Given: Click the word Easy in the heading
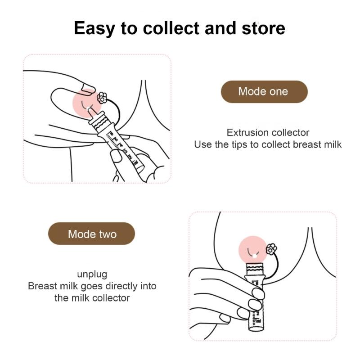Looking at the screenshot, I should click(x=94, y=28).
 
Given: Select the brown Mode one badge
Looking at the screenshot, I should click(x=263, y=92).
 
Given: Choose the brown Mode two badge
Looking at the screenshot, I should click(x=92, y=234).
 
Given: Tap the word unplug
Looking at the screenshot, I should click(x=92, y=274).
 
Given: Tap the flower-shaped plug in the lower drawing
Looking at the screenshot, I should click(x=271, y=247).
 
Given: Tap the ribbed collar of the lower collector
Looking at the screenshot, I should click(x=254, y=270).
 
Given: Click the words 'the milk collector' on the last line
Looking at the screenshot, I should click(x=92, y=297).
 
